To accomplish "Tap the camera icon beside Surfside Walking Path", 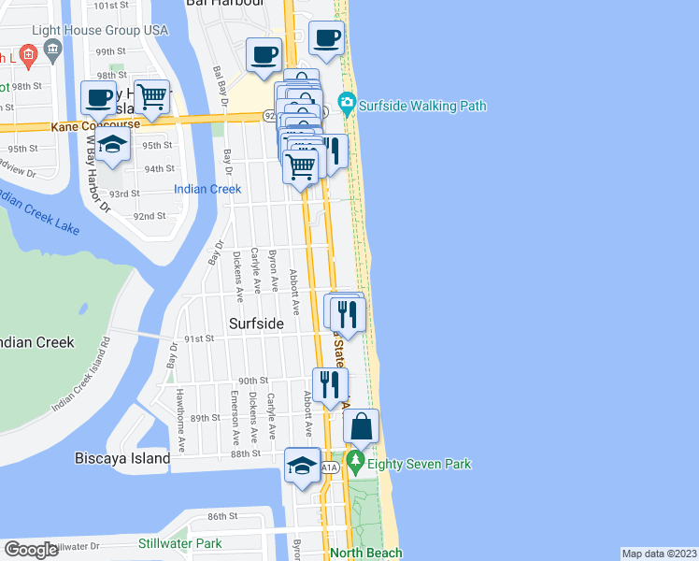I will (x=348, y=102).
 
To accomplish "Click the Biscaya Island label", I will (x=121, y=459).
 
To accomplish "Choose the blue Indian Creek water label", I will (x=207, y=189).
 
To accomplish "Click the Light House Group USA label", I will (x=100, y=30).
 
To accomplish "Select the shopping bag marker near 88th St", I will (x=361, y=426).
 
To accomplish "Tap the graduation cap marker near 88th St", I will (x=302, y=465).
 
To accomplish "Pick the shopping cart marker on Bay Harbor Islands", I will (x=151, y=95).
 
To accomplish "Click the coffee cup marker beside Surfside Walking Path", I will (x=326, y=37).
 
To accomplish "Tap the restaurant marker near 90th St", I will (x=330, y=384).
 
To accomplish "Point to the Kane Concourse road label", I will (x=95, y=123).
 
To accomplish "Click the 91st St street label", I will (x=199, y=339).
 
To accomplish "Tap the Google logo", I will (x=31, y=550).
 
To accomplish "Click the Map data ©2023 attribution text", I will (x=659, y=554).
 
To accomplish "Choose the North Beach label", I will (x=366, y=553).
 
